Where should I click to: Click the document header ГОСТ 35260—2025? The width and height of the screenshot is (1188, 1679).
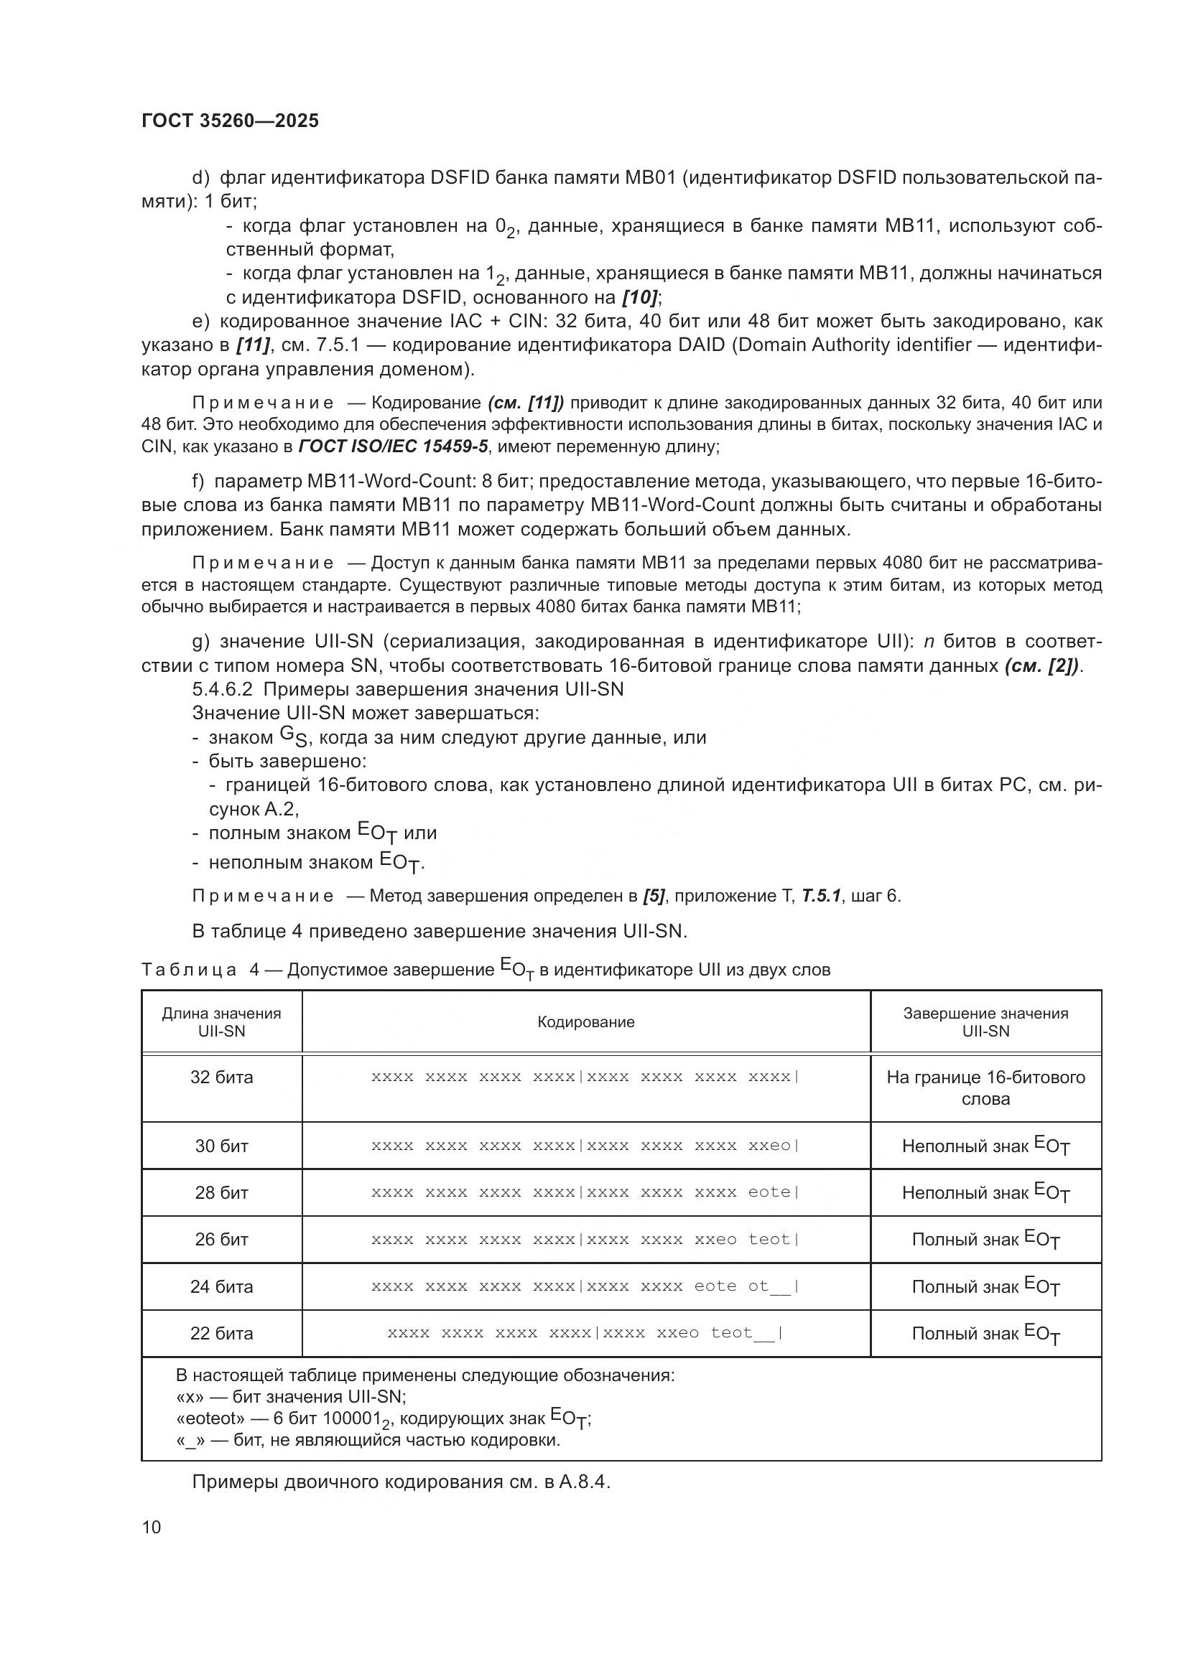coord(230,121)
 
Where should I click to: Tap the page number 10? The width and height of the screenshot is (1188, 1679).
coord(152,1527)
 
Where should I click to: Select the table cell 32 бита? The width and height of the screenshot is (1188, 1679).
coord(222,1077)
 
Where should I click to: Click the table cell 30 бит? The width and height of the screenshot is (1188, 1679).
coord(222,1146)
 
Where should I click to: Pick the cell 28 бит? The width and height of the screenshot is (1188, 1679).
coord(222,1193)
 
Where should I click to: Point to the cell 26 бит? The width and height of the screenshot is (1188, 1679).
coord(222,1240)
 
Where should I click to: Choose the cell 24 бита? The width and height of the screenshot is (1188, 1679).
coord(222,1286)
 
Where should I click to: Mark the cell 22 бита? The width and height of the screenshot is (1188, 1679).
coord(222,1333)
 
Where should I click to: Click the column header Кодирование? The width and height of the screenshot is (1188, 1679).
coord(586,1022)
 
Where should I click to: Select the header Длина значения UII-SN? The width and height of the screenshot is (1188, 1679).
coord(222,1022)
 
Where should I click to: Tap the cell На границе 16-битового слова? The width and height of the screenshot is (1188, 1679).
coord(985,1088)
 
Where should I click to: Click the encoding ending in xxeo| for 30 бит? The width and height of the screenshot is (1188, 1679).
coord(586,1146)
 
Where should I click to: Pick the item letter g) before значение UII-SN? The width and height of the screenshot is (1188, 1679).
coord(201,641)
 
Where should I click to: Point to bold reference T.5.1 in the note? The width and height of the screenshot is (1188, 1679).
coord(822,896)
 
